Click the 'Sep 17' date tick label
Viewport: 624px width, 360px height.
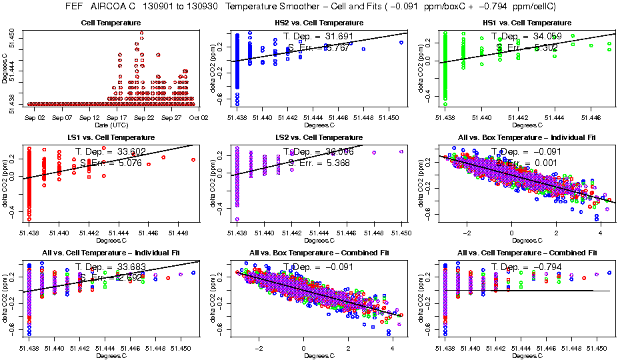(116, 117)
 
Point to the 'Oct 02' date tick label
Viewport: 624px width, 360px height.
(199, 117)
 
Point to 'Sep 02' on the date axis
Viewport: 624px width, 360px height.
(35, 117)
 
